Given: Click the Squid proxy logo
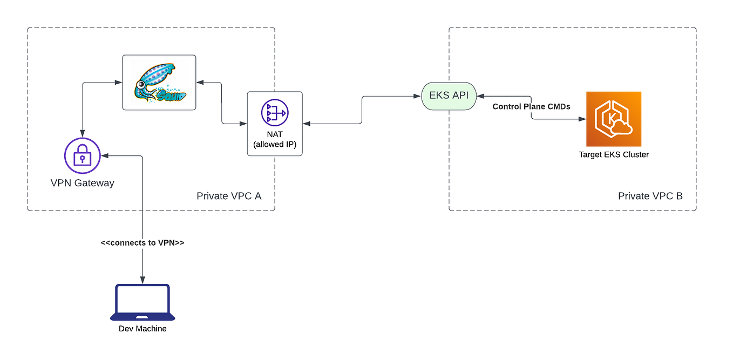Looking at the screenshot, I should pos(159,83).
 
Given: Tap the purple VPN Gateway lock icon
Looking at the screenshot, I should pos(83,155).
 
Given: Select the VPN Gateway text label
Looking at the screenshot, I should pos(83,183).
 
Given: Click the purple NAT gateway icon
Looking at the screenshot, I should pos(275,112).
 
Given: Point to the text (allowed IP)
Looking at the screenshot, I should pos(275,144).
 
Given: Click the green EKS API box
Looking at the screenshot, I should pos(449,96).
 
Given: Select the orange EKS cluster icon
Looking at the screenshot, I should pos(614,119).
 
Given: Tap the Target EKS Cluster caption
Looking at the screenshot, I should pos(614,154).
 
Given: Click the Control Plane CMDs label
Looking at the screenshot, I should pos(531,106).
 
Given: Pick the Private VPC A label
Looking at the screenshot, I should pos(229,196).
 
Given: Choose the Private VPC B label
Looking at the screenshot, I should pos(650,196).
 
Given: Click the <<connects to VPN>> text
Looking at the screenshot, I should pos(142,243).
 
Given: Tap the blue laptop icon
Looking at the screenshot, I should pos(142,303).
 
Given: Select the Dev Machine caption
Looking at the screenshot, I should pos(142,328).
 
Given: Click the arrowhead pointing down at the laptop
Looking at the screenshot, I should pos(142,280).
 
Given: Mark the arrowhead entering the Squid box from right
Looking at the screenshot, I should pos(200,83).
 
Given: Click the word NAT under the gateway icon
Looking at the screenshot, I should pos(275,134).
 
